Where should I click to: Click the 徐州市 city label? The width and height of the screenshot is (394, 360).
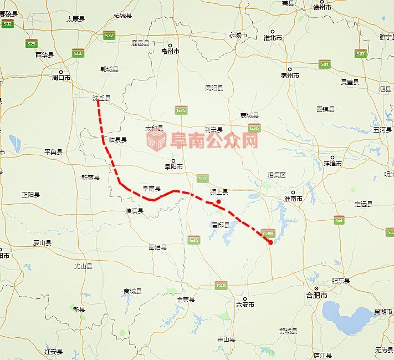coord(321,7)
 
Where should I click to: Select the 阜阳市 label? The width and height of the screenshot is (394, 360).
coord(173,165)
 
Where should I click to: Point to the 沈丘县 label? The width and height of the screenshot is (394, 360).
coord(101,98)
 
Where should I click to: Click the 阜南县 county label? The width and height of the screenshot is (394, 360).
coord(151,189)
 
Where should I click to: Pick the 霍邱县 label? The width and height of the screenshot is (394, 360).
coord(220,225)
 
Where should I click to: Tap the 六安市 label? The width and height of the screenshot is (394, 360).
coord(245,304)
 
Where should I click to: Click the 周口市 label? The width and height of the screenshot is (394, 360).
coord(61,78)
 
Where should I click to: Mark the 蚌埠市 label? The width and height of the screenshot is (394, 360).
coord(332,164)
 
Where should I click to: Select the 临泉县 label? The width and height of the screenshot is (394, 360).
coord(118,140)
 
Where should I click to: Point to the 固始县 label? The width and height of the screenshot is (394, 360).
coord(157,247)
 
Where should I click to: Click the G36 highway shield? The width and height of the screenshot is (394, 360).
coord(254,129)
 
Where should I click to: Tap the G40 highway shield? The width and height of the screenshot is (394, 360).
coord(221,286)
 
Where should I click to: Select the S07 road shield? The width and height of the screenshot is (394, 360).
coord(361,54)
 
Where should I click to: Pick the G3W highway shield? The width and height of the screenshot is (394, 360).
coord(269,234)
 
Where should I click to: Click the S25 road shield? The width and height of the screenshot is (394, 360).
coord(31,43)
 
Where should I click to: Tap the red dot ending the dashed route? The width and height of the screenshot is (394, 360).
coord(270,242)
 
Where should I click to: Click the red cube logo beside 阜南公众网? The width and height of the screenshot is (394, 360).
coord(156,140)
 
